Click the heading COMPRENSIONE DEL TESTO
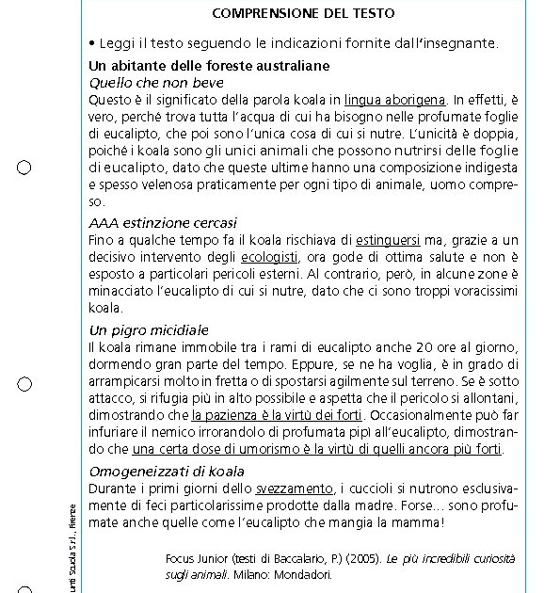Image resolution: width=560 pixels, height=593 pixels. click(x=303, y=13)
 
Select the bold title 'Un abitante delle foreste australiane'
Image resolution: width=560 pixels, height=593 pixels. click(x=209, y=66)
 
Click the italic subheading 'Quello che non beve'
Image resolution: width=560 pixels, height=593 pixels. click(x=156, y=83)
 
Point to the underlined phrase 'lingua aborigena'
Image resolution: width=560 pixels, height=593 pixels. click(x=395, y=99)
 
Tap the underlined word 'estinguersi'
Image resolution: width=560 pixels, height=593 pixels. click(x=389, y=239)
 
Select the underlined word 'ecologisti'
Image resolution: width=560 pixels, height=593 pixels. click(x=270, y=256)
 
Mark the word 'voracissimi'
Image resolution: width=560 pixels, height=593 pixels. click(x=477, y=291)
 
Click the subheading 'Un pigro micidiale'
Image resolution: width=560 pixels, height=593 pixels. click(x=149, y=330)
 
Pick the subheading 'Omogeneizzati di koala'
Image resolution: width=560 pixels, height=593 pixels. click(x=167, y=471)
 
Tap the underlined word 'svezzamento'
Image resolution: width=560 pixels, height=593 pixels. click(x=295, y=488)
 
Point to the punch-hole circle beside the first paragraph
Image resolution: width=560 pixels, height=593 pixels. click(x=24, y=168)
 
